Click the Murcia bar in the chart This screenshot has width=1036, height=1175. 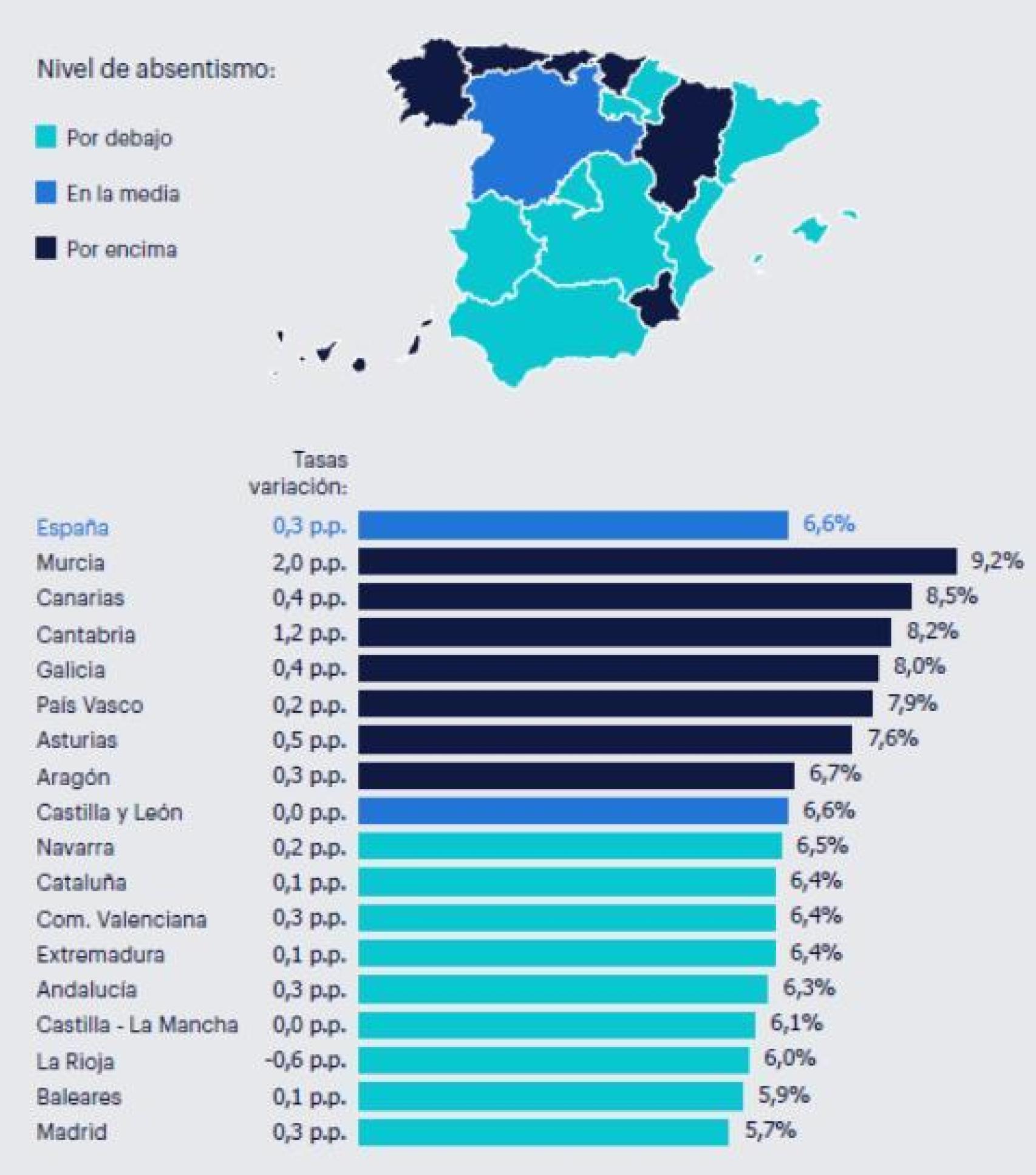click(657, 561)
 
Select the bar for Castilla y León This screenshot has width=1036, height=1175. click(573, 811)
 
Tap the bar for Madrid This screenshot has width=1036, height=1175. click(543, 1132)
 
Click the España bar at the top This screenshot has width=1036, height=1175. click(573, 525)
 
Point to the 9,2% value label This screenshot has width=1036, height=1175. click(997, 560)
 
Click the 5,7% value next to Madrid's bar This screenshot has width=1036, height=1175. click(770, 1131)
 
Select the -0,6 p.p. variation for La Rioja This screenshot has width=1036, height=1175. click(305, 1061)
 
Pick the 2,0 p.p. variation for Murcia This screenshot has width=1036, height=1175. click(309, 562)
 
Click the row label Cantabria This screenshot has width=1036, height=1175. click(86, 635)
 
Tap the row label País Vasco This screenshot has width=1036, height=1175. click(90, 705)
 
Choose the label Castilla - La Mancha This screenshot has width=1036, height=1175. click(137, 1025)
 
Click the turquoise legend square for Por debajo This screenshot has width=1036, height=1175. click(46, 137)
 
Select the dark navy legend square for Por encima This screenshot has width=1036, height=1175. click(46, 248)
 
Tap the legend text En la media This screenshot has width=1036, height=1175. click(123, 194)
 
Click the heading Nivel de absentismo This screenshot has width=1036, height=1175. click(156, 69)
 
